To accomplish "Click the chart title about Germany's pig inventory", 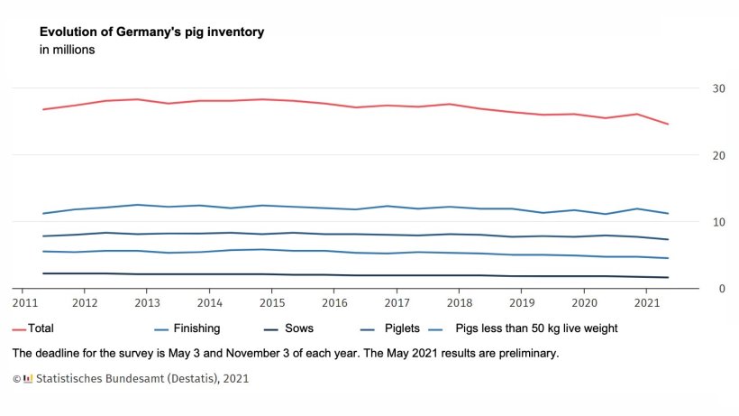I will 151,32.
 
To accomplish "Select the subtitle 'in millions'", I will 68,51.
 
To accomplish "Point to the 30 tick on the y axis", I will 718,88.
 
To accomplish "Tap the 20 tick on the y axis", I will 718,155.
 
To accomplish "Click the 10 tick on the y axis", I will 718,222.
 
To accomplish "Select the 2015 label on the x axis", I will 271,302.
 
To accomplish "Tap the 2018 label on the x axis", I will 460,302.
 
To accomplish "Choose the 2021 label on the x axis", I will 647,302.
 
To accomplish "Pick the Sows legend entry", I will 298,328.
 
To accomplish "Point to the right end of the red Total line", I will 668,124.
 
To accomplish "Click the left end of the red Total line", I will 42,109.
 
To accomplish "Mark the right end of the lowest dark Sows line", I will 668,277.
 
